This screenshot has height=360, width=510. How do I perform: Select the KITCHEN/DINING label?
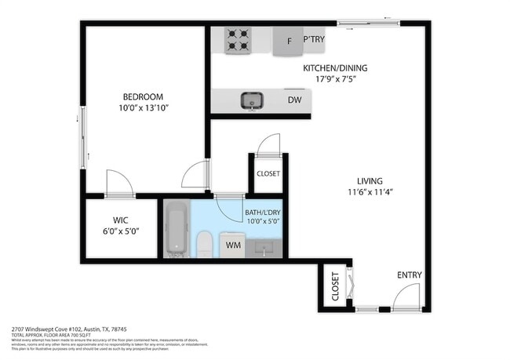335,68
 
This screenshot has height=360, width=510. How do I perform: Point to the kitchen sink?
252,100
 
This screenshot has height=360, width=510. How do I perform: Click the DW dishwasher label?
294,100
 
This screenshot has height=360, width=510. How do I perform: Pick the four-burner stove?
237,40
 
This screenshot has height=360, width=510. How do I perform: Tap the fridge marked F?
290,41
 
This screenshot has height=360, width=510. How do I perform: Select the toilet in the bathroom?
203,243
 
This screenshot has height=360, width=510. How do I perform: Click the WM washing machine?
233,245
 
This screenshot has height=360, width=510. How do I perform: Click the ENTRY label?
409,275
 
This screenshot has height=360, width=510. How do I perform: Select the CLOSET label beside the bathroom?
268,174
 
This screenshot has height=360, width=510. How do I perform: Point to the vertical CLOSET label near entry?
334,286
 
